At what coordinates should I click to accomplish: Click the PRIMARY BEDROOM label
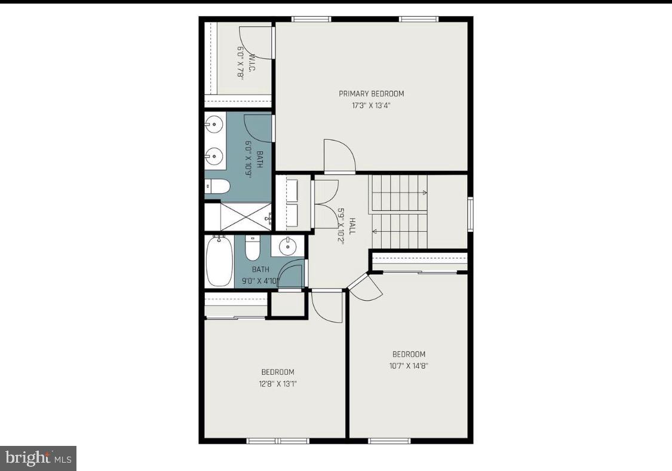pos(371,94)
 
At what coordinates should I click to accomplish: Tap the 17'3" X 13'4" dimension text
pos(371,106)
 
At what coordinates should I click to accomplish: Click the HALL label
pos(352,226)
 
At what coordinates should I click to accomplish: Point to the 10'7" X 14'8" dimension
pos(409,366)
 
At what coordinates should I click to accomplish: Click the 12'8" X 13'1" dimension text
pos(277,384)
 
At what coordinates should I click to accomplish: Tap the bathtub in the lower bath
pos(219,261)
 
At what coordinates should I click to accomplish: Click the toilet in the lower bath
pos(253,246)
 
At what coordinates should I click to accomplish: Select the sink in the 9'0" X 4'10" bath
pos(288,245)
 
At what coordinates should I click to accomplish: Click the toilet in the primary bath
pos(217,187)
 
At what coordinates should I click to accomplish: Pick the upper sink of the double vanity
pos(214,125)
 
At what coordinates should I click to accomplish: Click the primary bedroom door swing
pos(339,157)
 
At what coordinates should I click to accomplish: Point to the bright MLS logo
pos(38,458)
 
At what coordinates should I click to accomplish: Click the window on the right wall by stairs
pos(470,214)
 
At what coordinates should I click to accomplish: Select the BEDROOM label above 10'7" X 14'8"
pos(409,354)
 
